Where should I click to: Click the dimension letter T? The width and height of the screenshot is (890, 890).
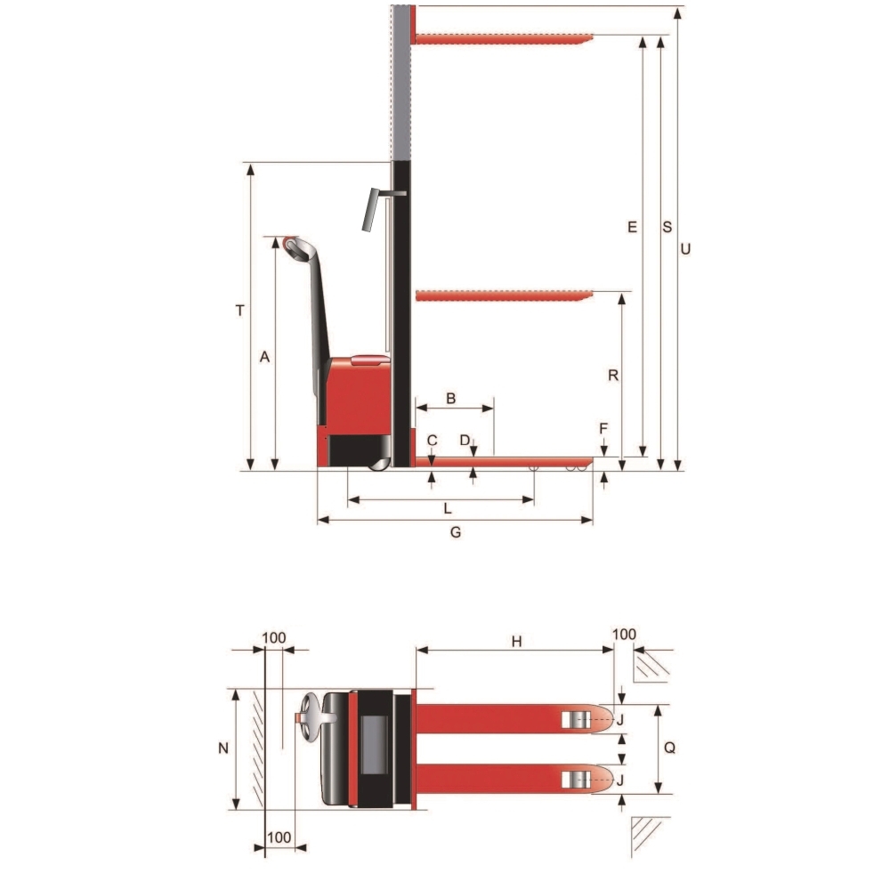pos(240,311)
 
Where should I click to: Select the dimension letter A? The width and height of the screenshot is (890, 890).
pos(264,357)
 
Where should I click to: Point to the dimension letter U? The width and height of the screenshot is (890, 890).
pos(685,248)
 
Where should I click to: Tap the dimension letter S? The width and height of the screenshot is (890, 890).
pos(667,227)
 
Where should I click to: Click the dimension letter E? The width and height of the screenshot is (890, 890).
pos(632,227)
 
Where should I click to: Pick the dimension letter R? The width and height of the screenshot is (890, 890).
pos(613,376)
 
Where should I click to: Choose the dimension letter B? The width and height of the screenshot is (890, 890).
pos(450,399)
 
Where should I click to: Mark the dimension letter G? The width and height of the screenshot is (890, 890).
pos(455,532)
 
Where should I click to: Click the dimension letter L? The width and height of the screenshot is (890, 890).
pos(448,508)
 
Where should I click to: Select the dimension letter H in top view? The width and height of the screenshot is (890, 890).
pos(516,642)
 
